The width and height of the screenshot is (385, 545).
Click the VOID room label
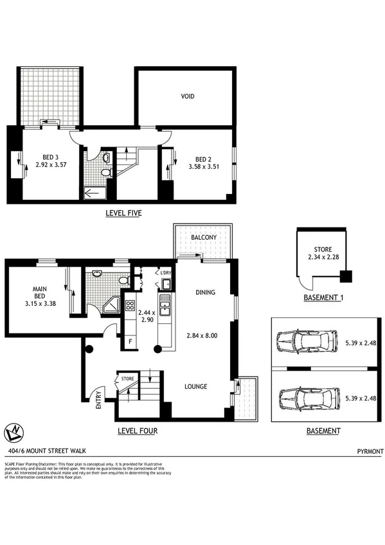[x=187, y=96]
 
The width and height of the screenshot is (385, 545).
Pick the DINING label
[x=205, y=292]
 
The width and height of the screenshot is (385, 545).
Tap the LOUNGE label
[x=197, y=386]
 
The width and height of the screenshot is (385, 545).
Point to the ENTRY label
[x=98, y=400]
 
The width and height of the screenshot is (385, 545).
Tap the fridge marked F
[x=130, y=341]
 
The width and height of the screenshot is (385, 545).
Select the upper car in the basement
[x=306, y=341]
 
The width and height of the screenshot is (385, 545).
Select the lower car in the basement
[x=306, y=397]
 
